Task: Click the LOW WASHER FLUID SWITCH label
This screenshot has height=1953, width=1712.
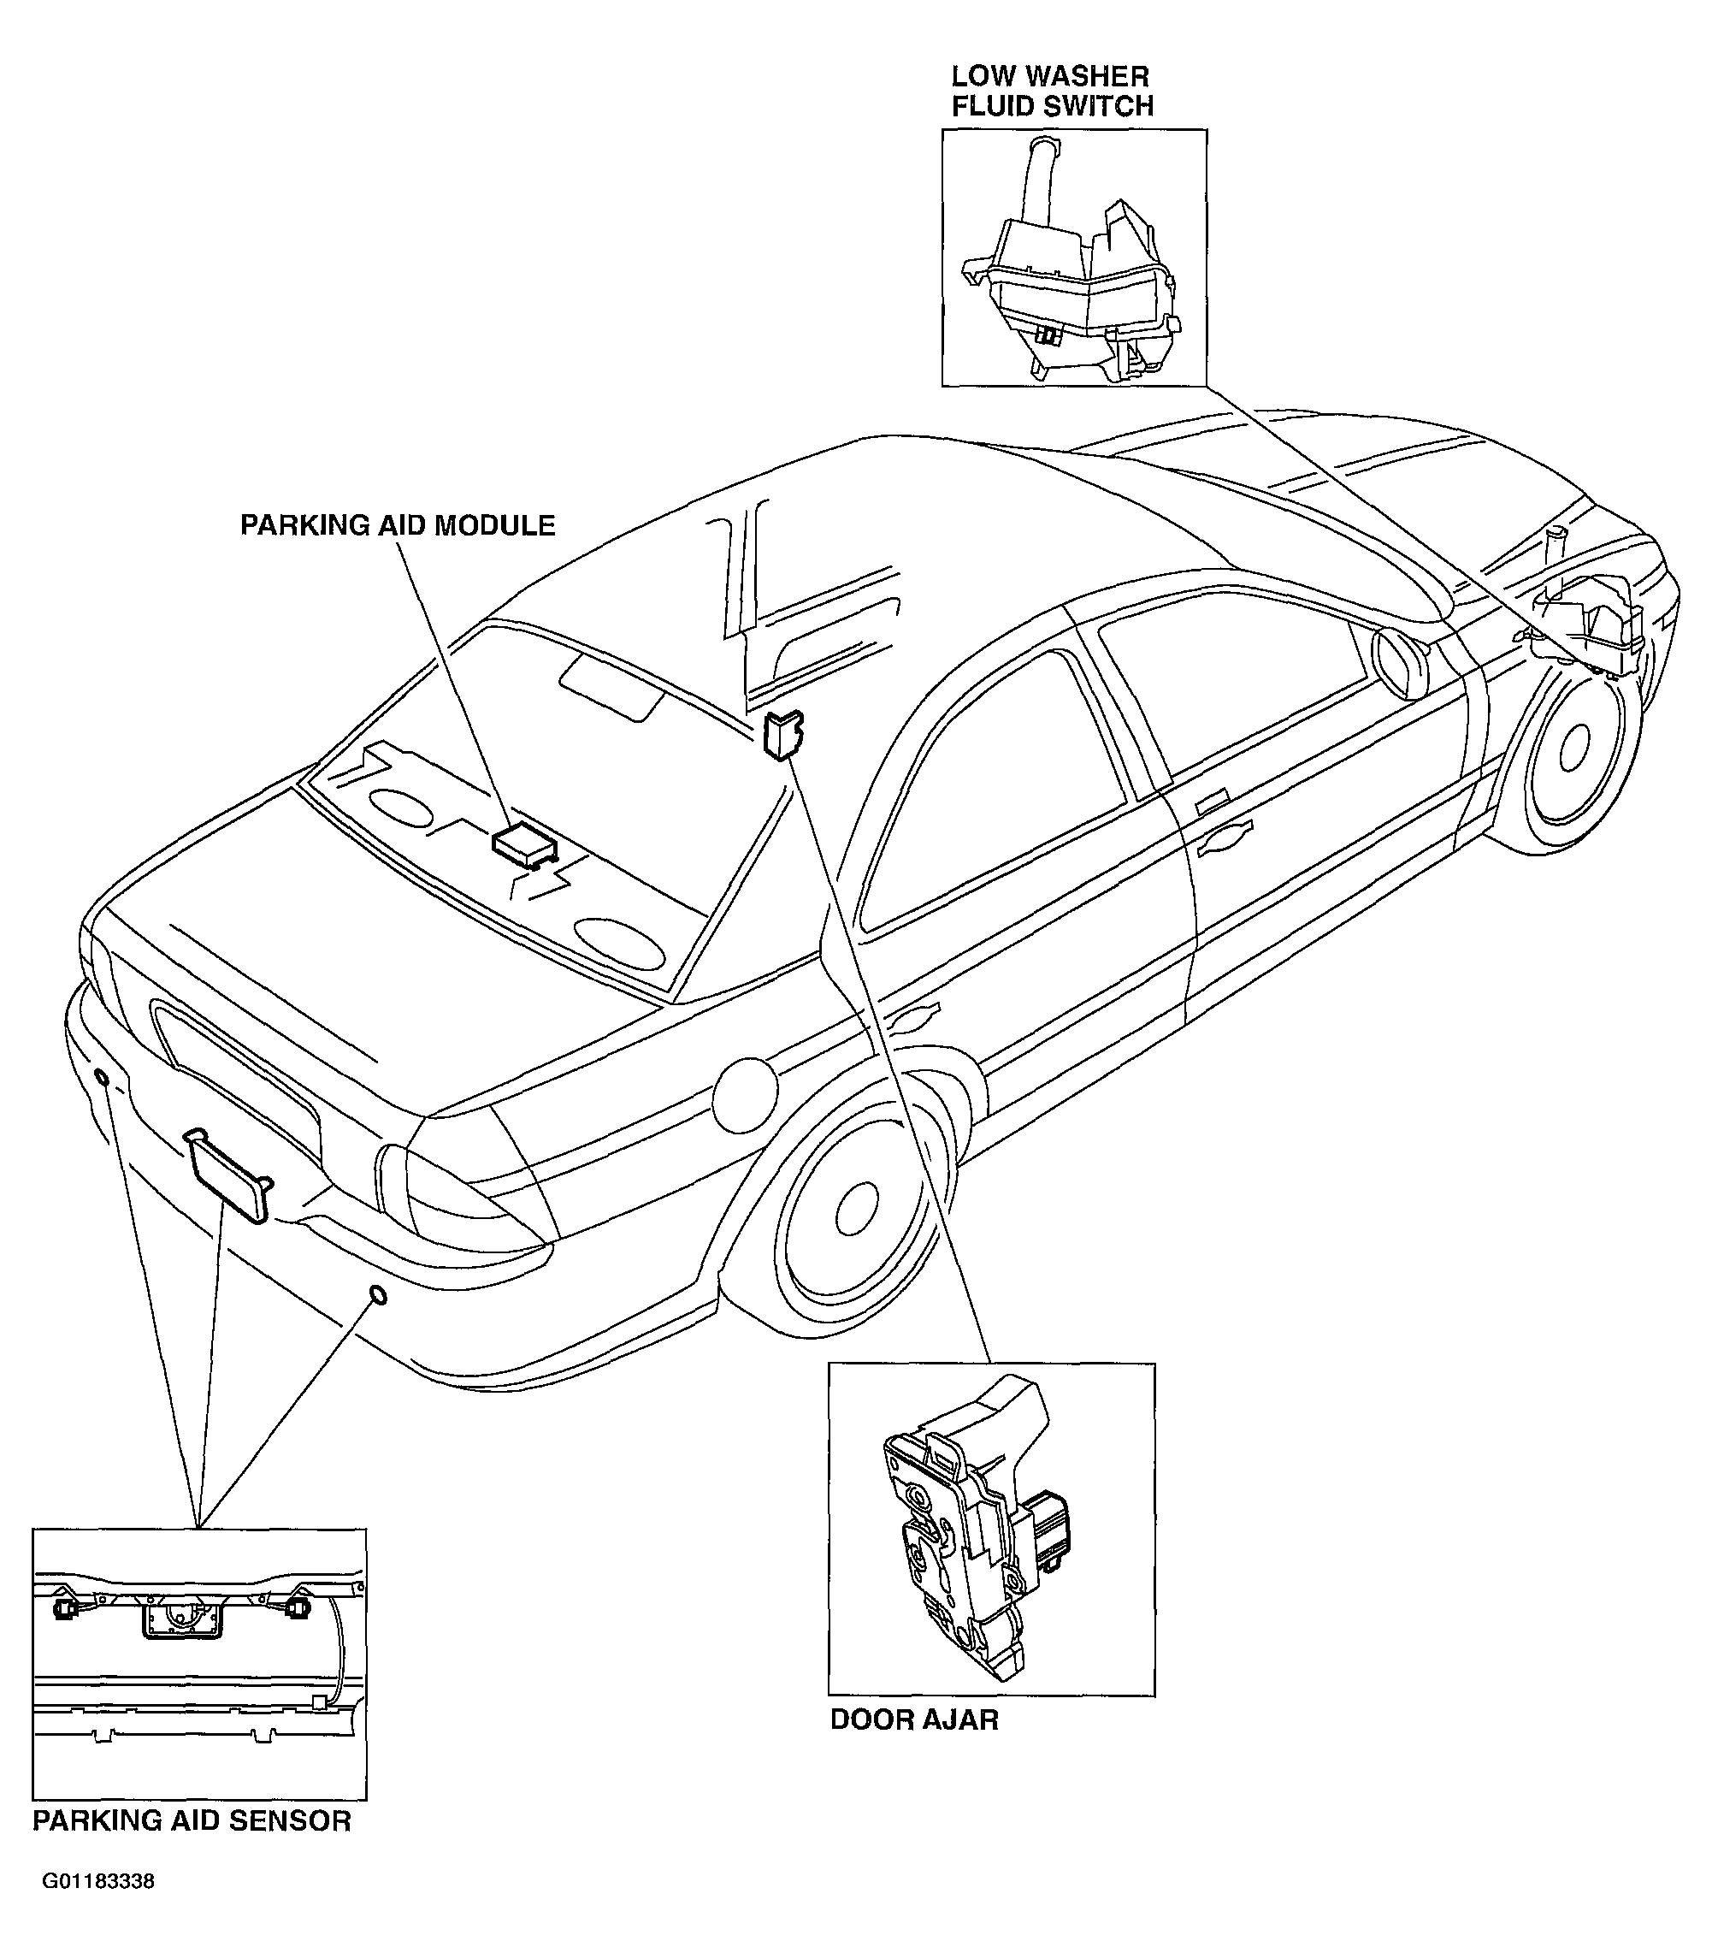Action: click(1052, 91)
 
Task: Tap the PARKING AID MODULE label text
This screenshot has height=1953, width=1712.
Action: click(398, 525)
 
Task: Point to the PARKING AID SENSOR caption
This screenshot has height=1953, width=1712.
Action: click(192, 1820)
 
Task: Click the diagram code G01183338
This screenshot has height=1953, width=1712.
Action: click(98, 1881)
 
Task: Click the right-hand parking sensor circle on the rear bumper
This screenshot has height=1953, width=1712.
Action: click(377, 1296)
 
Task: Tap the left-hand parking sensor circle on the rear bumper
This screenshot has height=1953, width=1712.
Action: click(100, 1079)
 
